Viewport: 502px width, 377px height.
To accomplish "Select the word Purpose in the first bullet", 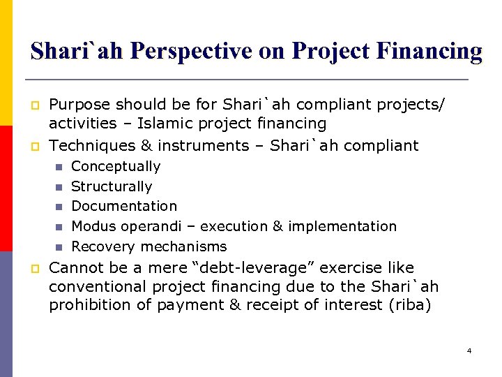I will pos(77,104).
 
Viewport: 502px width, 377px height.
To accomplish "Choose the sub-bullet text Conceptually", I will pos(116,166).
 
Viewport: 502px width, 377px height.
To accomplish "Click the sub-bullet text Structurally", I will pos(112,186).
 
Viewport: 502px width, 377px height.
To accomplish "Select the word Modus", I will pos(93,226).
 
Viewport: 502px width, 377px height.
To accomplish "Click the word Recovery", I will pos(103,246).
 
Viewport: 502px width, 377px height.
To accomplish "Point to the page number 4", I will pos(469,350).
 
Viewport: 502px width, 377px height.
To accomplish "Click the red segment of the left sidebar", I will pos(6,188).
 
